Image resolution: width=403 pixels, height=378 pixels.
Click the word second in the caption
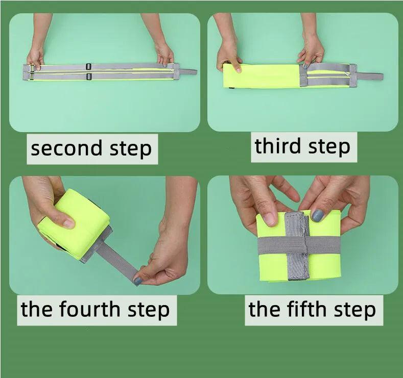tap(66, 148)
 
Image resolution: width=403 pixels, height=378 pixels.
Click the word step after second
tap(131, 149)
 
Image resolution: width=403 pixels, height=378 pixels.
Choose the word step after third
tap(329, 147)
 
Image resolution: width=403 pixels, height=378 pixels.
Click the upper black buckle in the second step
tap(89, 66)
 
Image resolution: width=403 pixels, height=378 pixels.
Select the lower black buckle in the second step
tap(89, 76)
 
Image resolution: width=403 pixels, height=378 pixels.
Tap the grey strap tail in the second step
tap(187, 72)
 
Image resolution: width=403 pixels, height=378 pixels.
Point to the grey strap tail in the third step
tap(370, 76)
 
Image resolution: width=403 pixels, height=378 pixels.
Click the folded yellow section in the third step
tap(262, 75)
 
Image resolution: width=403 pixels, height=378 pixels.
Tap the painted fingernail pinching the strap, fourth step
tap(138, 281)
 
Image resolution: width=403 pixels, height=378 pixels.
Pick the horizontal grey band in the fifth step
tap(299, 245)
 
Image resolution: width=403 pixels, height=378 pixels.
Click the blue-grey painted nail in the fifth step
tap(318, 215)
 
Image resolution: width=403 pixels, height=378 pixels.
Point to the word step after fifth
tap(355, 310)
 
